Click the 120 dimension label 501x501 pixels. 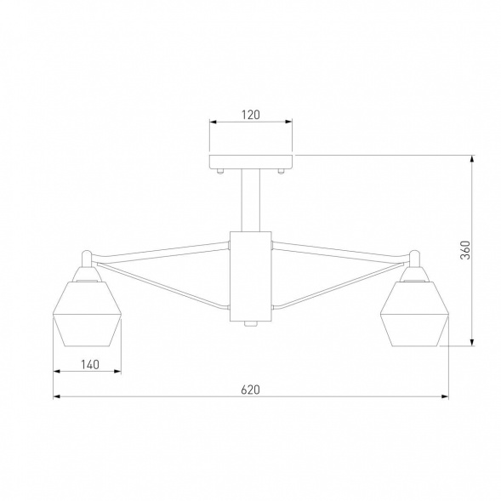click(251, 113)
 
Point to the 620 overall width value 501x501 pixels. click(250, 390)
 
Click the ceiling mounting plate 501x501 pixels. click(251, 162)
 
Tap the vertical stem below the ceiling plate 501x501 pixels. click(251, 199)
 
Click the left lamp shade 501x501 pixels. click(88, 315)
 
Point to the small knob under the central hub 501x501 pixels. click(251, 325)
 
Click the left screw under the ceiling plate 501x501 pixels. click(220, 173)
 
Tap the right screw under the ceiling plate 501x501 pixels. click(282, 173)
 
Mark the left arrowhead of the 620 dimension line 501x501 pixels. click(57, 397)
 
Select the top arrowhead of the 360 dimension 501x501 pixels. click(473, 159)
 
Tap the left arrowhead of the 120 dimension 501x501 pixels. click(213, 122)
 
